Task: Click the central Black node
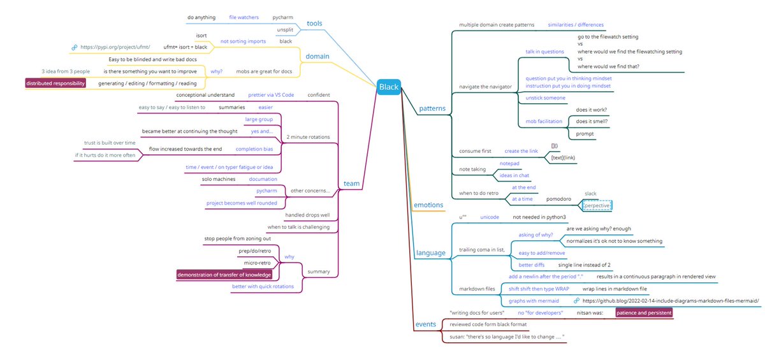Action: pos(388,87)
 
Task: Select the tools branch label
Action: pos(314,24)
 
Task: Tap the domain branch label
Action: pos(316,56)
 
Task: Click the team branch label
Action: pos(352,184)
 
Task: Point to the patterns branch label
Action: pos(432,108)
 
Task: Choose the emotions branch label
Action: pos(429,205)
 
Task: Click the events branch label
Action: pos(426,324)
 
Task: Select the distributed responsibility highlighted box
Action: pos(55,83)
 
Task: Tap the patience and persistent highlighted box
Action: pos(643,313)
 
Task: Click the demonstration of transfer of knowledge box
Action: pos(224,275)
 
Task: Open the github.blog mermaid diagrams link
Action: pos(671,300)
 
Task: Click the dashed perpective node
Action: pos(597,206)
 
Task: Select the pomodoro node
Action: pos(562,199)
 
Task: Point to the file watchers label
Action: pos(243,17)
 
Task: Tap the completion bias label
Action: pos(255,149)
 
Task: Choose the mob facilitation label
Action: pos(543,120)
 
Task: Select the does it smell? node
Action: pos(592,121)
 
